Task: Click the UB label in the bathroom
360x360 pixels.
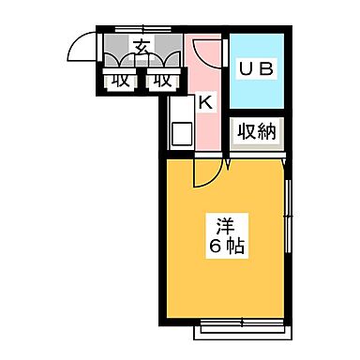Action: pos(257,69)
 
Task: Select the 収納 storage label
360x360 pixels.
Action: pos(256,133)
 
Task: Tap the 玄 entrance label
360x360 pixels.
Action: pos(142,48)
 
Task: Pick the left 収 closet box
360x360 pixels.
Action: pos(119,81)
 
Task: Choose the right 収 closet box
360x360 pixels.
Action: pos(160,81)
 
